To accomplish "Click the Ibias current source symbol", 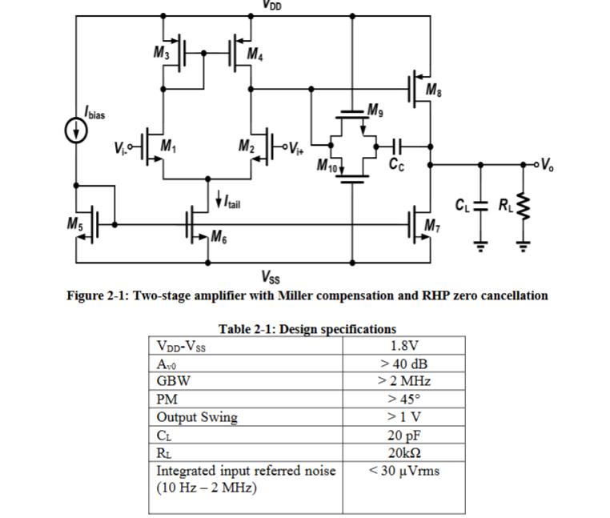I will tap(76, 133).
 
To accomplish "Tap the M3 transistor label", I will tap(161, 54).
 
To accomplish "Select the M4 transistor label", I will tap(254, 54).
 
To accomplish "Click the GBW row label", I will tap(171, 380).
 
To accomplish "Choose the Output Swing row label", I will tap(197, 417).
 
